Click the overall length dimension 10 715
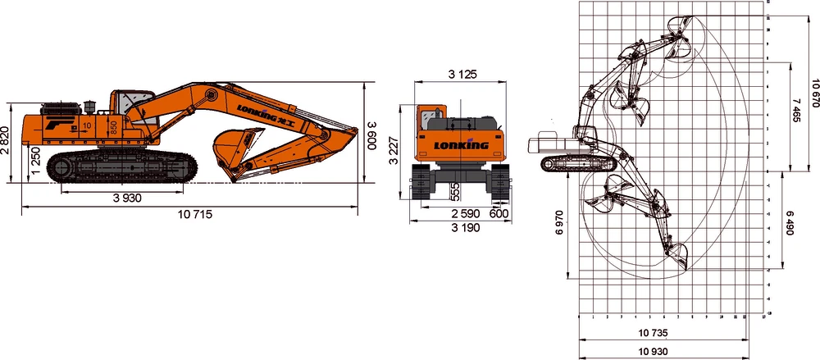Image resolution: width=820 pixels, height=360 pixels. pos(195,215)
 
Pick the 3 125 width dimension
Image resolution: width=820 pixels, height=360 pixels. pos(462,75)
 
